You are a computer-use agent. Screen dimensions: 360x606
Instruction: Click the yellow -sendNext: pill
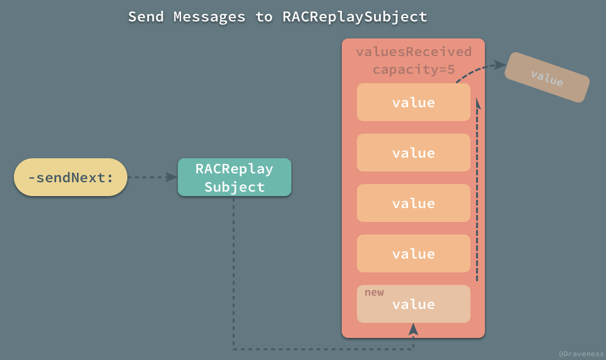click(71, 177)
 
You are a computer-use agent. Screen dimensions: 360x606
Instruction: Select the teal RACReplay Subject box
click(234, 177)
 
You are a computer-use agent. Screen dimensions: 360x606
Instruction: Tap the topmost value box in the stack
click(413, 102)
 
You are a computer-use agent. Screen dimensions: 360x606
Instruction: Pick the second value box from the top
click(413, 153)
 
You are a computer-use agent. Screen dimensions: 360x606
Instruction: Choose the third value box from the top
click(413, 203)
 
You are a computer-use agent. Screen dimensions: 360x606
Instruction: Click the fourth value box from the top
click(413, 253)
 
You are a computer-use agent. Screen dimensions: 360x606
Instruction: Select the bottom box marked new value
click(413, 305)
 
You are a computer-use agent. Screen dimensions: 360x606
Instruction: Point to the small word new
click(374, 293)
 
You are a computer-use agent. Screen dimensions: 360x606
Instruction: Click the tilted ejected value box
click(547, 78)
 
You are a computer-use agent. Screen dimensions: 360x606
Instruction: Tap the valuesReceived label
click(413, 52)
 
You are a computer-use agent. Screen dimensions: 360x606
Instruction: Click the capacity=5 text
click(413, 69)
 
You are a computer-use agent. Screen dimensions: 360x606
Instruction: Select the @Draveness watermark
click(580, 354)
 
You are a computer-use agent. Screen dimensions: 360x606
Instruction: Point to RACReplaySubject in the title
click(355, 17)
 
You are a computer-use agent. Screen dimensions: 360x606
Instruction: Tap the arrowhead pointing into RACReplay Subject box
click(172, 177)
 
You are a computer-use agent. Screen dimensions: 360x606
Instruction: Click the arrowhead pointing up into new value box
click(413, 329)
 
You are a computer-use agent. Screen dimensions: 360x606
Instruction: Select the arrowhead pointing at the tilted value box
click(499, 64)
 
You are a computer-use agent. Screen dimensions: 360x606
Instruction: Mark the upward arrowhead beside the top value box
click(477, 102)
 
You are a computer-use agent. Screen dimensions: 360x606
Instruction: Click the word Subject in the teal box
click(234, 187)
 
